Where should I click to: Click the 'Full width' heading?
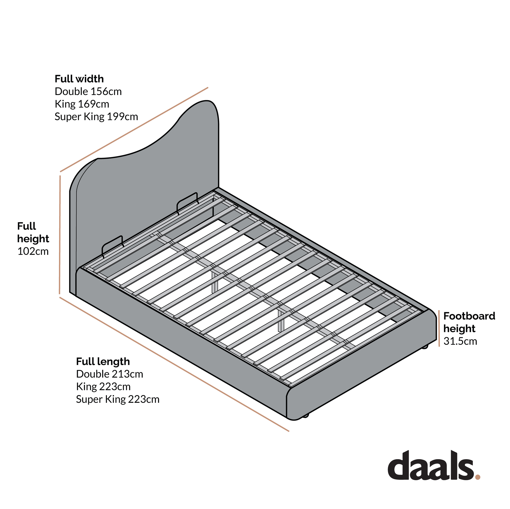79,79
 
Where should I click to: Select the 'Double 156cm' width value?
88,92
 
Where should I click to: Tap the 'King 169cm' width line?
82,104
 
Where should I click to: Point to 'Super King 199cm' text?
96,116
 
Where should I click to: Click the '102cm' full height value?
33,251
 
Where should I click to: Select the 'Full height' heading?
33,232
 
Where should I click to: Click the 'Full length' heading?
103,362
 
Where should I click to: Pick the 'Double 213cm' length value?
110,374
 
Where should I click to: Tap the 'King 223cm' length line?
103,387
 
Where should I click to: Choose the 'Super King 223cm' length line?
118,399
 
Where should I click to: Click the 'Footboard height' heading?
469,322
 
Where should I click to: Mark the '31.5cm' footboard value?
460,341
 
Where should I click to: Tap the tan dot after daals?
478,484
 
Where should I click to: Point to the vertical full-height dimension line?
60,235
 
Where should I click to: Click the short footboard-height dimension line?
439,328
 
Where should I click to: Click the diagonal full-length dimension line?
174,364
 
